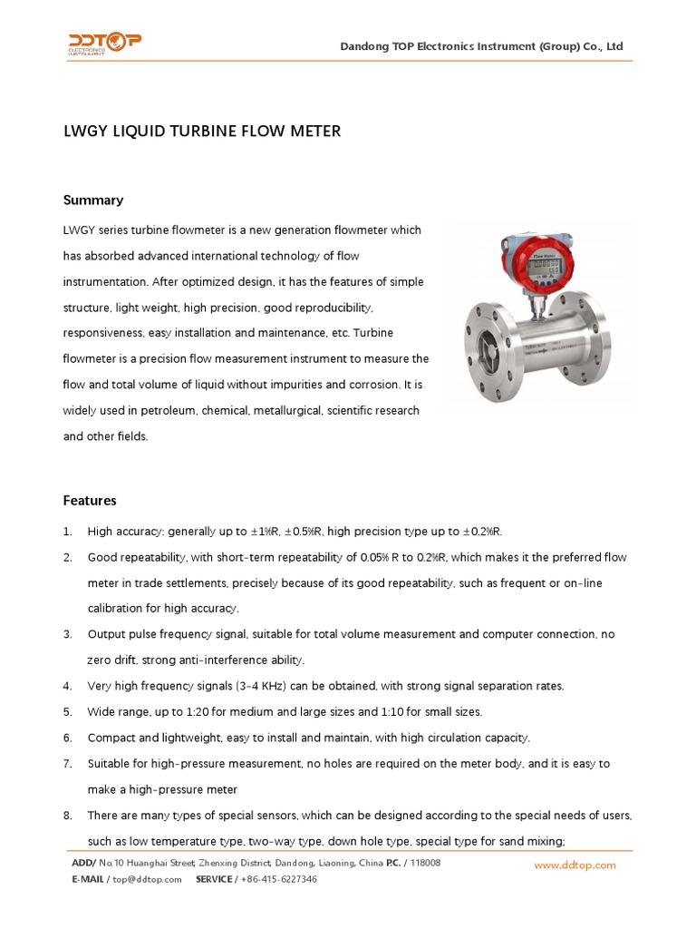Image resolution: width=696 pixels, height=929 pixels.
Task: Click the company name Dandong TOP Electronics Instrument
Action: click(x=481, y=46)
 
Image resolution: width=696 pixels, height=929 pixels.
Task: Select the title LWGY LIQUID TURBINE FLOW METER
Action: click(x=201, y=132)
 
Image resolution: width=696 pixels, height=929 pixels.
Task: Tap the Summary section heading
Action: click(x=92, y=200)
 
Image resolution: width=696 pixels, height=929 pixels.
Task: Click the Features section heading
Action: click(x=90, y=500)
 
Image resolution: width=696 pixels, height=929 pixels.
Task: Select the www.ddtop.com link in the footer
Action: click(x=575, y=865)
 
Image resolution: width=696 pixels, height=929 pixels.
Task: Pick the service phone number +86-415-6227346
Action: click(x=278, y=879)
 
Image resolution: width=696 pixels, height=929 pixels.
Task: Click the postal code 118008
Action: click(x=425, y=863)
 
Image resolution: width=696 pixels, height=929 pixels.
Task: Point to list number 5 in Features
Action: click(x=67, y=711)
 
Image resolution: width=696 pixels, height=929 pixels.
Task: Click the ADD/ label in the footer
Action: click(x=83, y=863)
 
